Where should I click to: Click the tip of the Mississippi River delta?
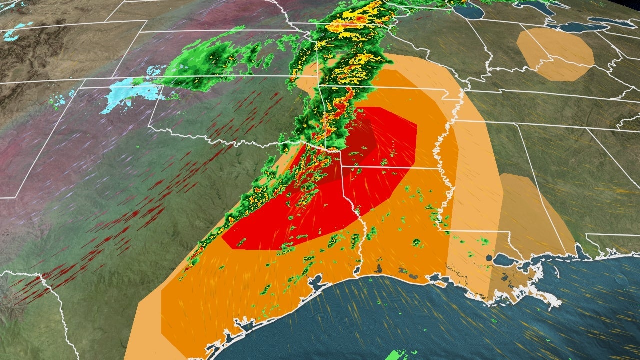[550, 300]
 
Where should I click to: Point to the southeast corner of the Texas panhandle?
[150, 130]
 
